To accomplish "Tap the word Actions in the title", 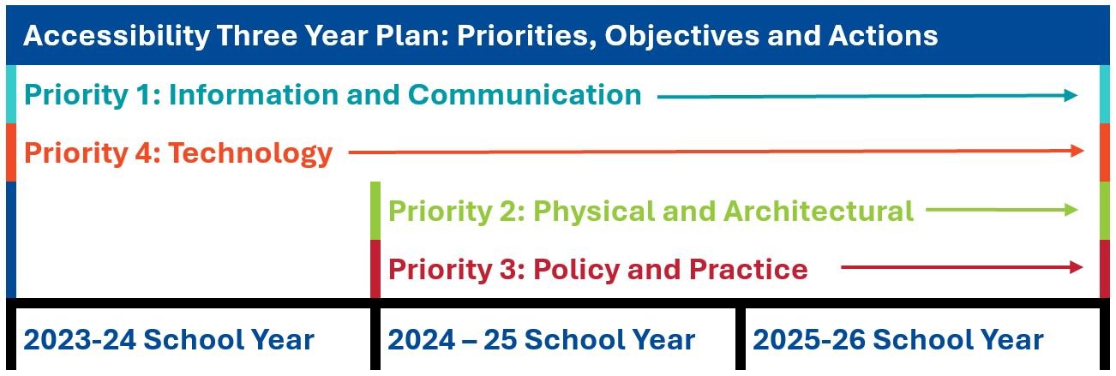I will coord(883,37).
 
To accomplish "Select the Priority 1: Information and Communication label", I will coord(333,95).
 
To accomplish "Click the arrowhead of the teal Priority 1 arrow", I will coord(1071,96).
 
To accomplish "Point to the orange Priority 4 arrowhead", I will coord(1078,151).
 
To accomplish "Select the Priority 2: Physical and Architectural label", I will coord(651,211).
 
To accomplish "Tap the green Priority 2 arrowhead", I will coord(1071,210).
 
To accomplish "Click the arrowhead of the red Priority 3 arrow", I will coord(1077,268).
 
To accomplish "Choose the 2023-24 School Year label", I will coord(169,340).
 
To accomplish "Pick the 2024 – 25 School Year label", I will coord(541,340).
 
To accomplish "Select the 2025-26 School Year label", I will coord(897,340).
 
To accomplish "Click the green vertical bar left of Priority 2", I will coord(375,211).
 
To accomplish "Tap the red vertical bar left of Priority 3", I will coord(375,269).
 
